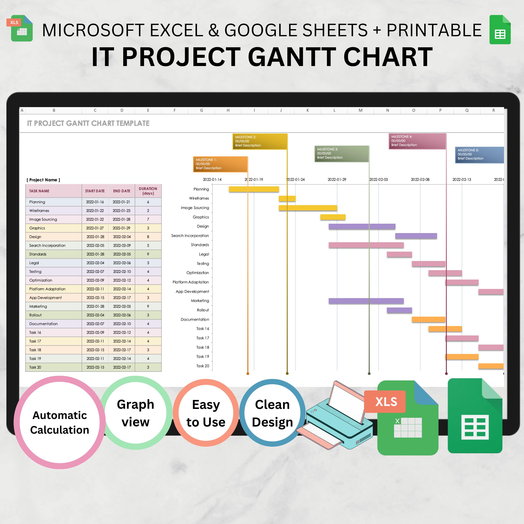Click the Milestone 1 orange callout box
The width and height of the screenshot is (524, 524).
click(220, 164)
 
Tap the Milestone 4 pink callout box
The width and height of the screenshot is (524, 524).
click(417, 141)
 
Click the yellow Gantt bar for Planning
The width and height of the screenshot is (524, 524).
click(254, 189)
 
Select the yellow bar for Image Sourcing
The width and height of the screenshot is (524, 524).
click(308, 208)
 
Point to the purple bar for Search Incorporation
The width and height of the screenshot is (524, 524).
click(416, 236)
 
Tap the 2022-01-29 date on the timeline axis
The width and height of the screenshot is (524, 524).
click(337, 180)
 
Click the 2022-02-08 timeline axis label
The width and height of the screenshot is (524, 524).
click(420, 180)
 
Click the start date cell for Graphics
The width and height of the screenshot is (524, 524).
click(95, 228)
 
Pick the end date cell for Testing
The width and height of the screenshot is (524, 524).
click(122, 271)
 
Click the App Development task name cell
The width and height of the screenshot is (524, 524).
click(54, 298)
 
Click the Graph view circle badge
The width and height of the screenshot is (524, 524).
click(136, 413)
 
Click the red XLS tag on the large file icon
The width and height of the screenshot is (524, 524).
click(386, 402)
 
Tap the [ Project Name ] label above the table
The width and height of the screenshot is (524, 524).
click(43, 180)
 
